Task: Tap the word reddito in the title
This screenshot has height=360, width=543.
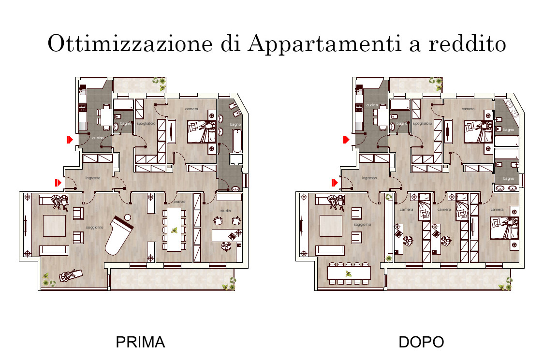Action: [467, 43]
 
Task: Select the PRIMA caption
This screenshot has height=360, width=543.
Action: [140, 342]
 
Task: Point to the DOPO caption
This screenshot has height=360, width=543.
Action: [421, 342]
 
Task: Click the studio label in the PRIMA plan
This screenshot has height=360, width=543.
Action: [226, 211]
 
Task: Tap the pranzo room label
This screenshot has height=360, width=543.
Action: [179, 202]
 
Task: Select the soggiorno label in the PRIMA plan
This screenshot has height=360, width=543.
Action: [95, 227]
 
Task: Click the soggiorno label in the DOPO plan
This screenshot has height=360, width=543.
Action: [362, 225]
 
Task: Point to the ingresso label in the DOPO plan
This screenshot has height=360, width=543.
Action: [369, 178]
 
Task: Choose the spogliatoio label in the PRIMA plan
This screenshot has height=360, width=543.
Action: [146, 124]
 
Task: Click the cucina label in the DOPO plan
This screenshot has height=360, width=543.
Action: [371, 105]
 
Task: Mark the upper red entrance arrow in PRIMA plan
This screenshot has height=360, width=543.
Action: [70, 140]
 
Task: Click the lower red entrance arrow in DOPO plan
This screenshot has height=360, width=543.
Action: [334, 183]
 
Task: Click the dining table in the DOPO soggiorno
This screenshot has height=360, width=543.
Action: [348, 274]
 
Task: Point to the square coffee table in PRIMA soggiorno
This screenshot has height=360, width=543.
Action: [54, 226]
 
